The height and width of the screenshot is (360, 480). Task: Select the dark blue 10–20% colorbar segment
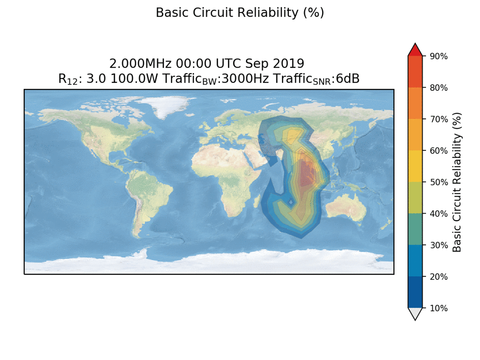point(415,292)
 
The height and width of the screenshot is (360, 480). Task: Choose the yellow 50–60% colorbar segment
point(415,166)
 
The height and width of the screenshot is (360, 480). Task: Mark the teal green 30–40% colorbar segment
point(415,229)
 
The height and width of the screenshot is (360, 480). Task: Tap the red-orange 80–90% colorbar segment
point(415,72)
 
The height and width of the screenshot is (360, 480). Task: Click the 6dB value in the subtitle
point(348,79)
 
